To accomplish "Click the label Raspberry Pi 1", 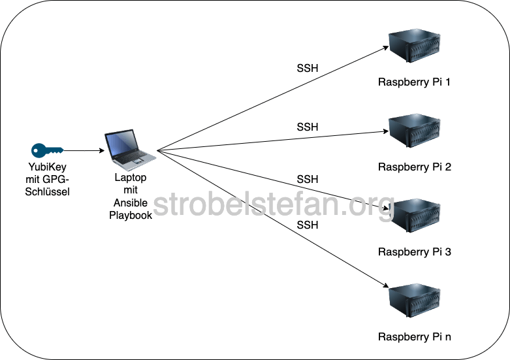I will [x=414, y=82].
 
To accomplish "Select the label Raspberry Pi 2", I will [x=414, y=167].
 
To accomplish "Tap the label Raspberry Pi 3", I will [x=414, y=252].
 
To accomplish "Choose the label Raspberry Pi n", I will [x=414, y=337].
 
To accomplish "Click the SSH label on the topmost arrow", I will [x=308, y=68].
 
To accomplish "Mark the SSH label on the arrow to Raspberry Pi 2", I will [x=308, y=127].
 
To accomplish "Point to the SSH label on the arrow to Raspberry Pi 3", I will [x=308, y=179].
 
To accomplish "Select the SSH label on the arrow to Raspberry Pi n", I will [x=308, y=225].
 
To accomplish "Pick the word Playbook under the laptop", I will [x=131, y=214].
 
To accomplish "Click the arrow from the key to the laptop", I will [x=84, y=150].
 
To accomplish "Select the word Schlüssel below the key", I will [x=46, y=191].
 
